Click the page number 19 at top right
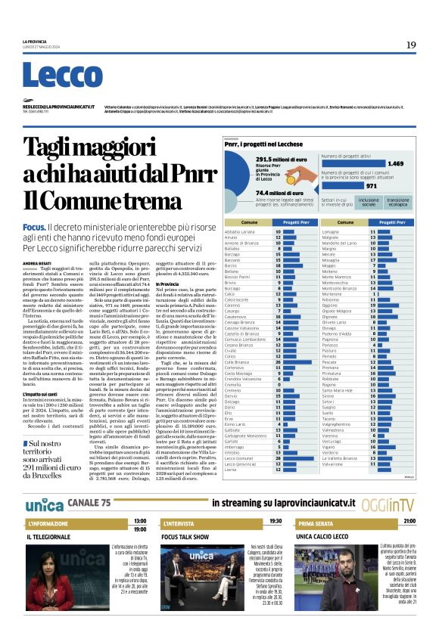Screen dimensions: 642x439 click(x=411, y=45)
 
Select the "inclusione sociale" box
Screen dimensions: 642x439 click(x=369, y=202)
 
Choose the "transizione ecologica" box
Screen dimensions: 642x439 click(x=399, y=202)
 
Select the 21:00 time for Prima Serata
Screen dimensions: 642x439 click(x=409, y=521)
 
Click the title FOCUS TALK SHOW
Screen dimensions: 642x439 click(x=185, y=536)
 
